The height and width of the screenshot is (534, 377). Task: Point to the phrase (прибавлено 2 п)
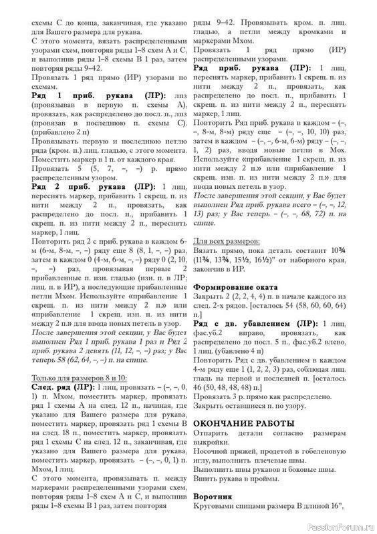[59, 132]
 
